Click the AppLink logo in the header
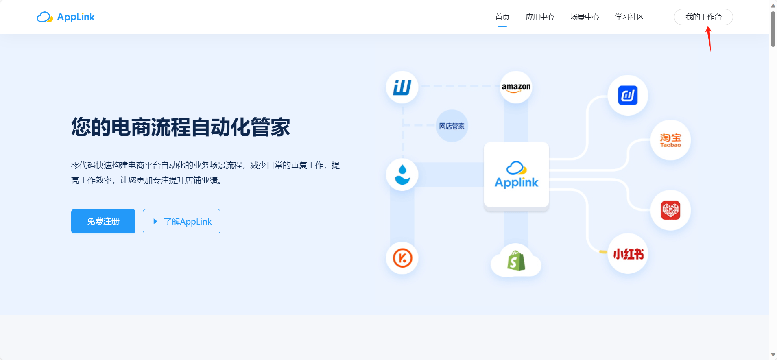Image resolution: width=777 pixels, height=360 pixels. [65, 17]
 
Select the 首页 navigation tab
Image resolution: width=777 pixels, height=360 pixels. [502, 17]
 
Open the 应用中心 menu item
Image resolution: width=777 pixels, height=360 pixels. [540, 17]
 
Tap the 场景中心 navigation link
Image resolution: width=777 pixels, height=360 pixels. [585, 17]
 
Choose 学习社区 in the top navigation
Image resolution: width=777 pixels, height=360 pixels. [629, 17]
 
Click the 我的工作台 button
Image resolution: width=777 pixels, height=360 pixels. [703, 17]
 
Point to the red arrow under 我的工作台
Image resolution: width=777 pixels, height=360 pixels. [709, 39]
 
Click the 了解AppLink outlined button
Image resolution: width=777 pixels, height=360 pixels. [181, 221]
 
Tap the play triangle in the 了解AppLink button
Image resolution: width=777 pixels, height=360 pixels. [155, 221]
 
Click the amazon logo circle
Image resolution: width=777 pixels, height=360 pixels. [516, 87]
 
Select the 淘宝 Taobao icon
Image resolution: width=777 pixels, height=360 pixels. [670, 140]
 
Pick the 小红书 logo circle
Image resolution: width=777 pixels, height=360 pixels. [628, 254]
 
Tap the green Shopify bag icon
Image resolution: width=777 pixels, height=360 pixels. [516, 261]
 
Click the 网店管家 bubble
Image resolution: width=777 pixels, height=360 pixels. [452, 126]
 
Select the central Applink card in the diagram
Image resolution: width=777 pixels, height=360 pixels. [516, 175]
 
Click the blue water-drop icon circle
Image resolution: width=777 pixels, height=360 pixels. [402, 175]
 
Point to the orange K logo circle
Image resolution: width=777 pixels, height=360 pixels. [402, 258]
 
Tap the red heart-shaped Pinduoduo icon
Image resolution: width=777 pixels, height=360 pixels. [670, 210]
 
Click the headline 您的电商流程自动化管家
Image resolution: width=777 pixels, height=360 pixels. [181, 127]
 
